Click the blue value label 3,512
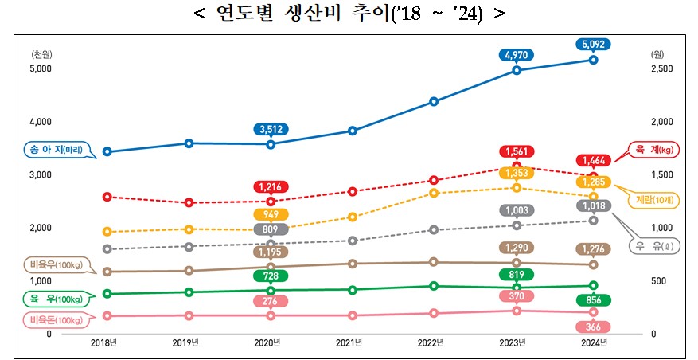(x=271, y=128)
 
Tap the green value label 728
(x=271, y=276)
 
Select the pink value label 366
(x=593, y=327)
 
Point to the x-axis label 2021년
(x=349, y=343)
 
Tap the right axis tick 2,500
(x=663, y=69)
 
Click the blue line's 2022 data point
(x=433, y=101)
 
